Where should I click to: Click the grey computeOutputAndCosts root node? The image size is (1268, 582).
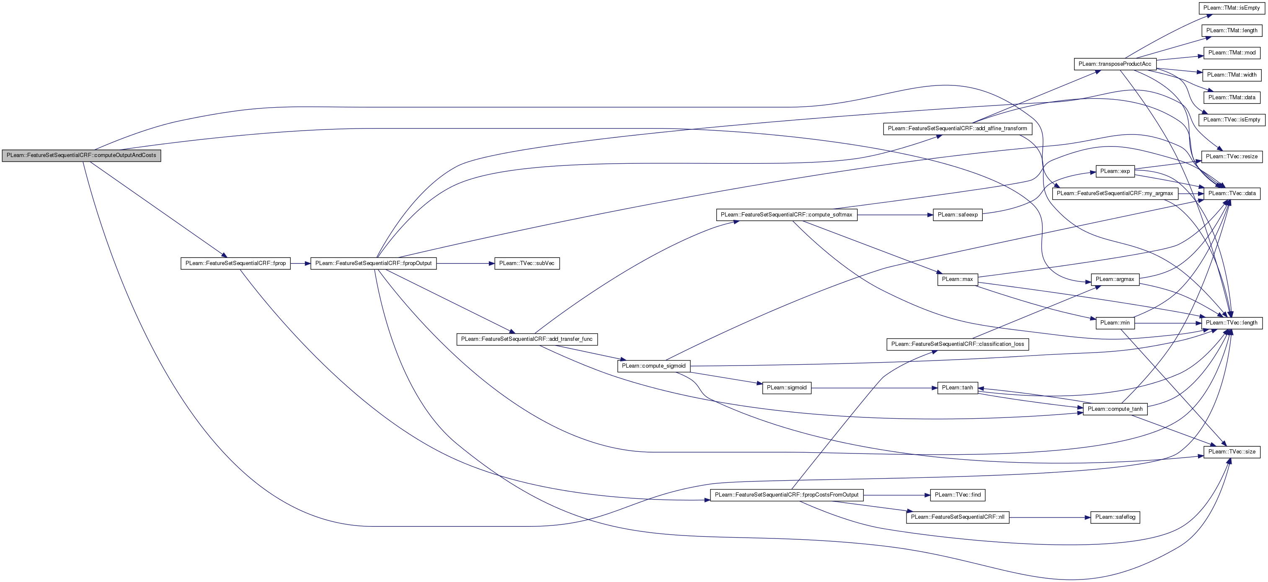pyautogui.click(x=81, y=155)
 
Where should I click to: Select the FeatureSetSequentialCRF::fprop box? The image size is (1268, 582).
pyautogui.click(x=235, y=263)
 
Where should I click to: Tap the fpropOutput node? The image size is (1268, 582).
pyautogui.click(x=373, y=263)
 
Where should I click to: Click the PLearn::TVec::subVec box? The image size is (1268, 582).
pyautogui.click(x=527, y=263)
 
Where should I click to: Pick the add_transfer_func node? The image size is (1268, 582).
pyautogui.click(x=527, y=339)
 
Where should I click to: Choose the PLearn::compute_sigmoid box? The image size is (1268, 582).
pyautogui.click(x=654, y=366)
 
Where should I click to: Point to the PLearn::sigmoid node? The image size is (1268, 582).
pyautogui.click(x=787, y=388)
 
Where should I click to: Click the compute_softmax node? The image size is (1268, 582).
pyautogui.click(x=787, y=214)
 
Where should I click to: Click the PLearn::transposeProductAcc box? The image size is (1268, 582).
pyautogui.click(x=1115, y=64)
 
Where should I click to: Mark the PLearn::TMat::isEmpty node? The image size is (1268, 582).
pyautogui.click(x=1232, y=8)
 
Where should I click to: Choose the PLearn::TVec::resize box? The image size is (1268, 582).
pyautogui.click(x=1232, y=157)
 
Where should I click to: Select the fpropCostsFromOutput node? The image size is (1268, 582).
pyautogui.click(x=787, y=495)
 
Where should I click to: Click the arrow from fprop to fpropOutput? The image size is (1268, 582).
pyautogui.click(x=300, y=264)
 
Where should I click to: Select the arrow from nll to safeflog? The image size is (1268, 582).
pyautogui.click(x=1050, y=518)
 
